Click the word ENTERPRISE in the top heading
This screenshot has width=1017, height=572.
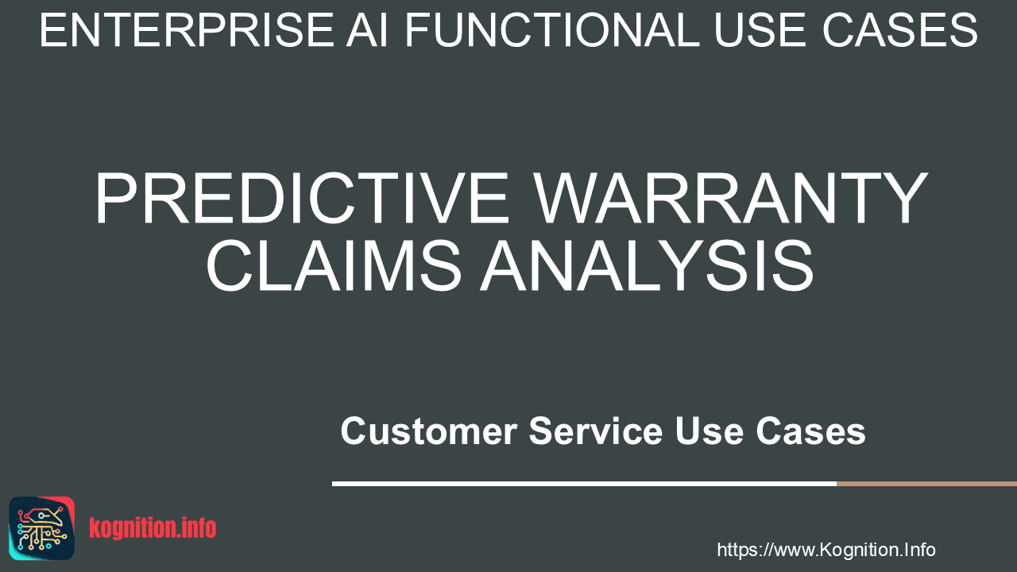point(187,30)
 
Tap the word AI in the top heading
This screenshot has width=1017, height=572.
point(367,30)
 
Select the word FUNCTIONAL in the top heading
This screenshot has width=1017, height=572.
point(552,30)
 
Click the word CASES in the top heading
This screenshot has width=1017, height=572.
point(899,30)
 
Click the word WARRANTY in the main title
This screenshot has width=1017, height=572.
point(730,198)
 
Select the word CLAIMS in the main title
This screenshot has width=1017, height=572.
point(334,265)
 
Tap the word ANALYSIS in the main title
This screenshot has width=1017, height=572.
point(647,265)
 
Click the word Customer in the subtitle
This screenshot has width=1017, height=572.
point(429,431)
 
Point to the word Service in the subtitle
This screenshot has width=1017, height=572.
point(596,431)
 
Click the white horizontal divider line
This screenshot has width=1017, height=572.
point(584,484)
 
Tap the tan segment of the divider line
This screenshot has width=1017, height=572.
point(926,484)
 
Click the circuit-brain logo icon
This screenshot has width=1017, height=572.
point(42,528)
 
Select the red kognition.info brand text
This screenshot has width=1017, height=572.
point(153,528)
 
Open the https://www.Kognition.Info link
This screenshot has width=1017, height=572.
point(826,550)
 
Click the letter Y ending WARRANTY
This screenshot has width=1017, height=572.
point(901,198)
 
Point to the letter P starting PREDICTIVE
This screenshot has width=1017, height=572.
point(116,198)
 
